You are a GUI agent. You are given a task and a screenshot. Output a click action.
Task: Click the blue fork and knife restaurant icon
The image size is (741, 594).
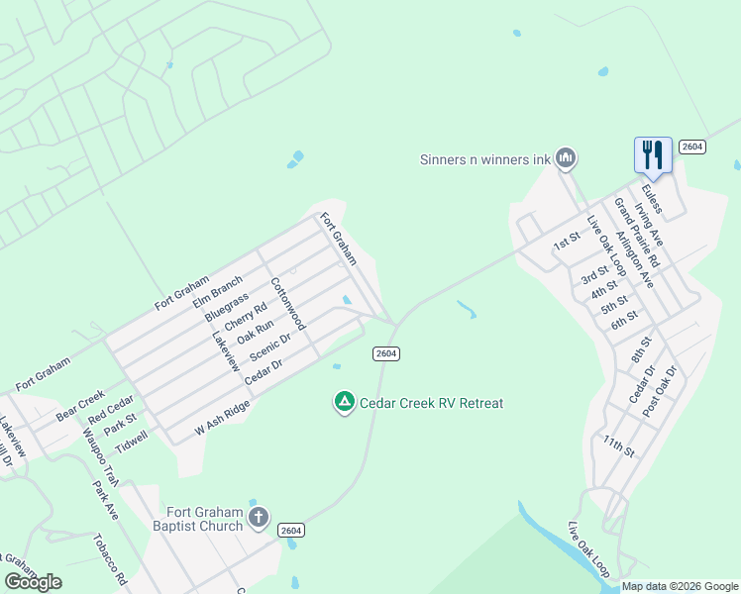click(x=653, y=153)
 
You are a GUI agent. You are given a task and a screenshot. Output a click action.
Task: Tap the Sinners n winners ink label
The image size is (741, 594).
click(x=483, y=158)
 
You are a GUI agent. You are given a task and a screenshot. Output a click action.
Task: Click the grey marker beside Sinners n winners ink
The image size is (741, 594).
click(x=566, y=157)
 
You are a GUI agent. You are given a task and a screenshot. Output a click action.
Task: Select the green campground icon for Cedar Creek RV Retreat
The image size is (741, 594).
click(x=344, y=402)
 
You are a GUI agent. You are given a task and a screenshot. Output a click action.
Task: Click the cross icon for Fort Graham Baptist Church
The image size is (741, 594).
click(x=258, y=517)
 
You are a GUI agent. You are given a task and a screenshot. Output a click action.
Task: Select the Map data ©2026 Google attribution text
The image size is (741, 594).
click(x=680, y=586)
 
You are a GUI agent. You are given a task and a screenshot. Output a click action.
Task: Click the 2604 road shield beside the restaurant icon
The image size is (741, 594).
click(x=691, y=147)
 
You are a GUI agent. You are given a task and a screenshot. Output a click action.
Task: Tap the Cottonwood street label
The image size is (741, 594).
click(x=288, y=303)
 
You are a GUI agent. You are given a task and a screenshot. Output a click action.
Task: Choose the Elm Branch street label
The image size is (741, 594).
click(x=218, y=294)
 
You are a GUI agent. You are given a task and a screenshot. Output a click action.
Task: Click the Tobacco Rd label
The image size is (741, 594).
click(x=110, y=559)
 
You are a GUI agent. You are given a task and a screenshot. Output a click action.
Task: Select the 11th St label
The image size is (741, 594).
click(x=619, y=444)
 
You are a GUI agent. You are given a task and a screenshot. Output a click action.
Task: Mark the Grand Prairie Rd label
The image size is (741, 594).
click(x=635, y=233)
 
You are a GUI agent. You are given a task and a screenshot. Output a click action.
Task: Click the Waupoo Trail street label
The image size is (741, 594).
click(x=100, y=455)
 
